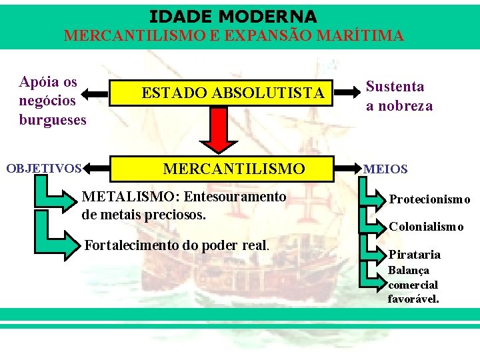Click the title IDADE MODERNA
(233, 16)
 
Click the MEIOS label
(385, 169)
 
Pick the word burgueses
(53, 120)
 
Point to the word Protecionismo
(429, 199)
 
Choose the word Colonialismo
(426, 227)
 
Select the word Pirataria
(414, 255)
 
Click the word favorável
(413, 299)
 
